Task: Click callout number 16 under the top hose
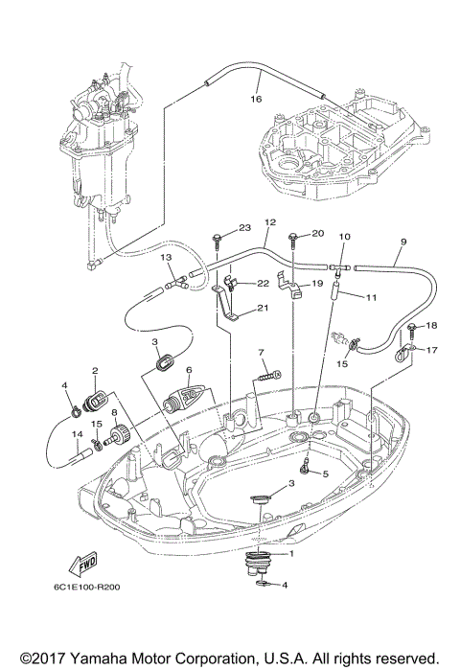[x=256, y=98]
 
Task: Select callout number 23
[x=243, y=227]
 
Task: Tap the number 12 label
[x=269, y=221]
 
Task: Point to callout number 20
[x=318, y=233]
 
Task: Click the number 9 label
[x=403, y=241]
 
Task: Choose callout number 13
[x=166, y=258]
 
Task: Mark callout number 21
[x=263, y=309]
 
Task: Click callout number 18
[x=431, y=326]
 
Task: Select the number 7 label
[x=261, y=353]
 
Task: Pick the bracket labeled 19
[x=284, y=283]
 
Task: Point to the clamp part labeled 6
[x=188, y=393]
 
